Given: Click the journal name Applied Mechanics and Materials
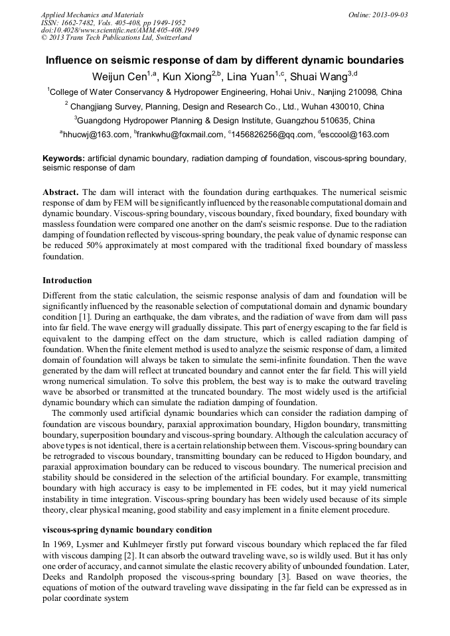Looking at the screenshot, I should click(x=92, y=14).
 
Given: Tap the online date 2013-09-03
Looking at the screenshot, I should click(x=392, y=14).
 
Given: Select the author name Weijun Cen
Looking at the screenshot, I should click(x=120, y=76).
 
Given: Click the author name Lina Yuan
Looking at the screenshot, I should click(x=254, y=76).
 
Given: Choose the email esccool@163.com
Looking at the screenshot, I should click(x=356, y=135).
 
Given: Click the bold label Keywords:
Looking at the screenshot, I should click(x=64, y=159).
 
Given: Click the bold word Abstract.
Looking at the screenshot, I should click(x=60, y=192).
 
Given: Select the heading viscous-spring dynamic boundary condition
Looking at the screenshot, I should click(x=127, y=530).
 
